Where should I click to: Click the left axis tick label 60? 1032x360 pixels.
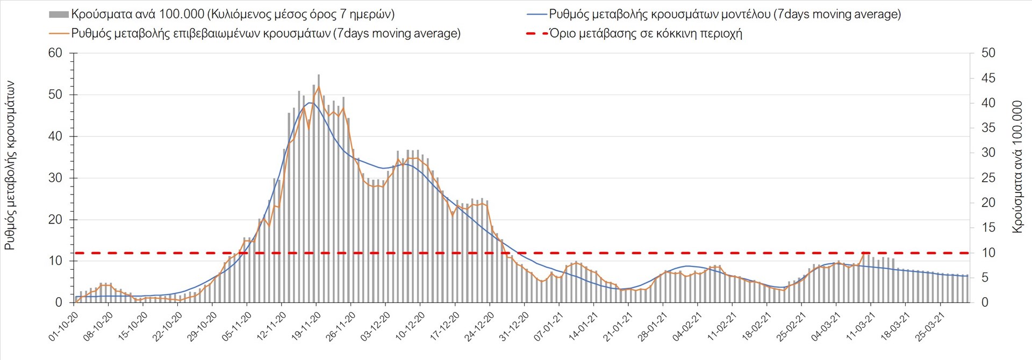click(x=55, y=53)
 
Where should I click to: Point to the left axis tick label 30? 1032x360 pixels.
click(x=55, y=178)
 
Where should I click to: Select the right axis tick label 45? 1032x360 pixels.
click(x=988, y=78)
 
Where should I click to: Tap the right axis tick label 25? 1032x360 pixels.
click(x=988, y=178)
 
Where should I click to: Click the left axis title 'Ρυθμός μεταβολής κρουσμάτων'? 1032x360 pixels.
click(x=10, y=165)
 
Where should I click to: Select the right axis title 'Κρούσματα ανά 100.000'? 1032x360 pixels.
click(x=1017, y=167)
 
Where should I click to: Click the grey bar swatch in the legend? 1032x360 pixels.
click(x=59, y=15)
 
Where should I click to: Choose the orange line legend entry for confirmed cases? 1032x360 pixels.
click(x=266, y=33)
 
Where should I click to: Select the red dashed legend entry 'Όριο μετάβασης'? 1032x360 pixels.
click(x=645, y=33)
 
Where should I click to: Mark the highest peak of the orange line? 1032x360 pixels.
click(x=318, y=87)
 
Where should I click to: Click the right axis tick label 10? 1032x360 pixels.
click(x=988, y=253)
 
